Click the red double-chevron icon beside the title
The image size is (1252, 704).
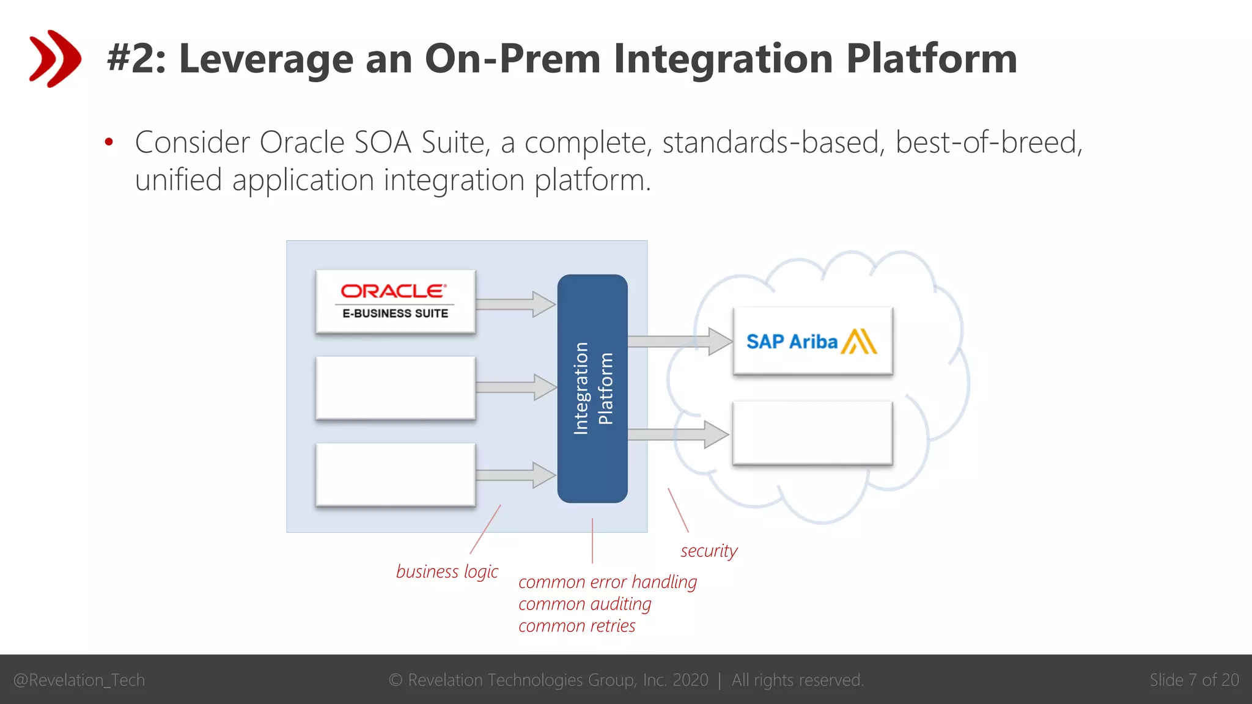pyautogui.click(x=54, y=59)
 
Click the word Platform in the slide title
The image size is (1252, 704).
pyautogui.click(x=931, y=59)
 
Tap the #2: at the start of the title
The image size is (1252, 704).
pyautogui.click(x=136, y=59)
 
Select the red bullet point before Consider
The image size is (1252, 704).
pyautogui.click(x=109, y=142)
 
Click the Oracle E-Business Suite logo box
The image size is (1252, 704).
pyautogui.click(x=395, y=301)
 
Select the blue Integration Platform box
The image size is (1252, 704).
pyautogui.click(x=592, y=389)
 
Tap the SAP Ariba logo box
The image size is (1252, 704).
pyautogui.click(x=812, y=341)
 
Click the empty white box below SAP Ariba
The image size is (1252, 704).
pyautogui.click(x=812, y=433)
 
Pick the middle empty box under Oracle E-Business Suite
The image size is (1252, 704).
pyautogui.click(x=395, y=388)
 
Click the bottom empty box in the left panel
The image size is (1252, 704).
pyautogui.click(x=395, y=475)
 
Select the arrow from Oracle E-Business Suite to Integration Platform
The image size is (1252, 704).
pyautogui.click(x=515, y=304)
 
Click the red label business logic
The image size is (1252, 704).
pyautogui.click(x=447, y=571)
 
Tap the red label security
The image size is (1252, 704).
pyautogui.click(x=709, y=551)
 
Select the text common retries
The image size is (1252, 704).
pyautogui.click(x=576, y=626)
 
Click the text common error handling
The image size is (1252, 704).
pyautogui.click(x=607, y=582)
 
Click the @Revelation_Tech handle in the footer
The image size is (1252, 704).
pyautogui.click(x=79, y=680)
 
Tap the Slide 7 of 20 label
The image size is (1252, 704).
pyautogui.click(x=1194, y=680)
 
